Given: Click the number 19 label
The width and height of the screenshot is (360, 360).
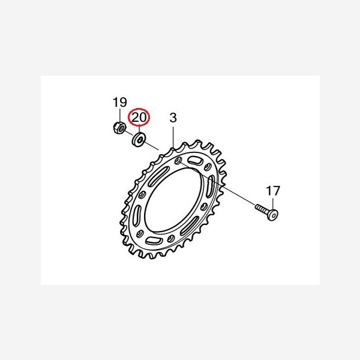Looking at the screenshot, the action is click(x=119, y=102).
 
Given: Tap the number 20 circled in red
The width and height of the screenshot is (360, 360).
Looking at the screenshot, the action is click(x=139, y=118).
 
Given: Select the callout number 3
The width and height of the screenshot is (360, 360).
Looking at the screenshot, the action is click(x=173, y=118).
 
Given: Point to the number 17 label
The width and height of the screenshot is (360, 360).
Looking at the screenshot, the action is click(x=273, y=191).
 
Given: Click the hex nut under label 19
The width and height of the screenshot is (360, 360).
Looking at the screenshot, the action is click(x=119, y=128).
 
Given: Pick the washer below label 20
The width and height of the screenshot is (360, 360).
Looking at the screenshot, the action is click(x=138, y=139).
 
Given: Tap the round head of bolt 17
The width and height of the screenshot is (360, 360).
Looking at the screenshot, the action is click(x=272, y=215).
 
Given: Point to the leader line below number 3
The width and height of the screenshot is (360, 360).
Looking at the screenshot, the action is click(x=173, y=136).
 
